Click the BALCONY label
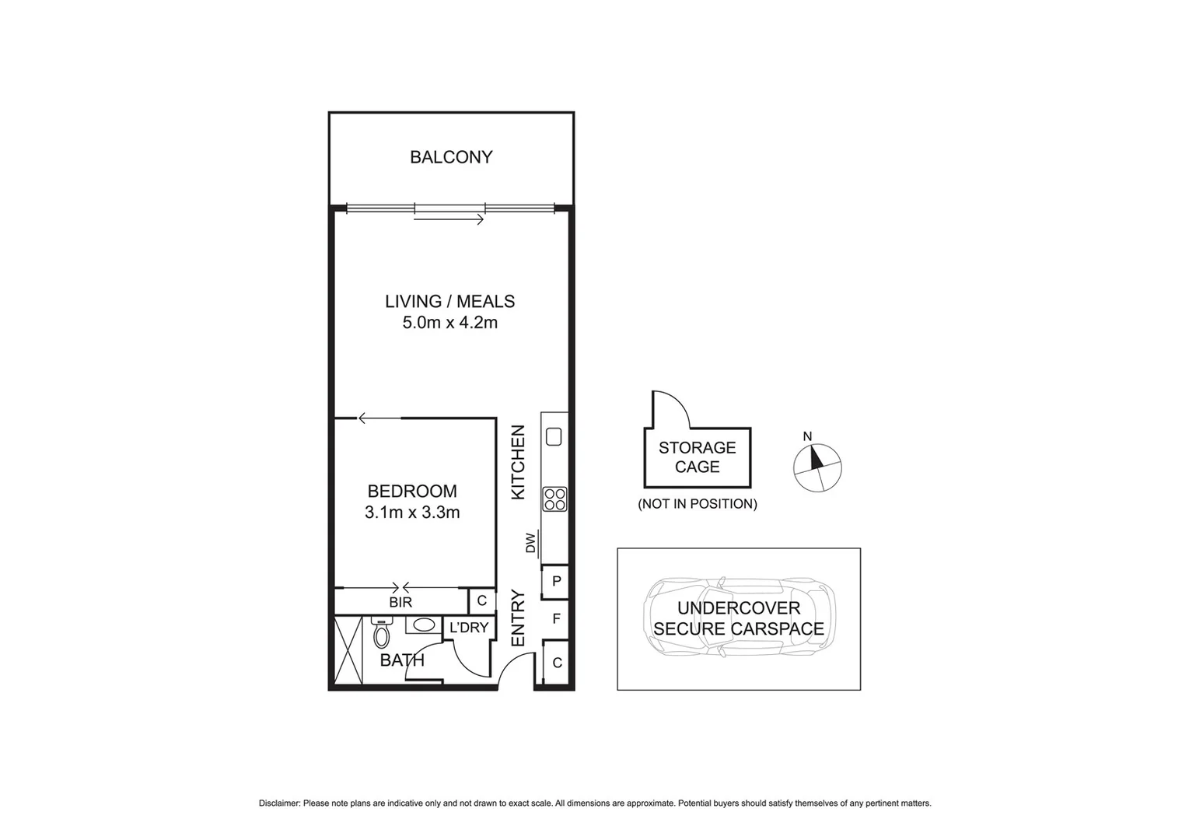tap(451, 157)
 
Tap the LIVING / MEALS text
tap(449, 301)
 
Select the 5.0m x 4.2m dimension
tap(449, 322)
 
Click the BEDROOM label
tap(411, 492)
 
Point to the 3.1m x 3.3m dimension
tap(411, 513)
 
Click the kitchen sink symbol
tap(554, 436)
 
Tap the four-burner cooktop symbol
tap(554, 499)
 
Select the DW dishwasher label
tap(531, 543)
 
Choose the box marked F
tap(556, 619)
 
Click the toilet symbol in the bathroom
tap(381, 634)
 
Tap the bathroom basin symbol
tap(423, 625)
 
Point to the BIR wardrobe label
tap(400, 602)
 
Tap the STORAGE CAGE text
tap(697, 457)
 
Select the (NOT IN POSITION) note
tap(697, 504)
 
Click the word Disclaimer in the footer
tap(279, 803)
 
